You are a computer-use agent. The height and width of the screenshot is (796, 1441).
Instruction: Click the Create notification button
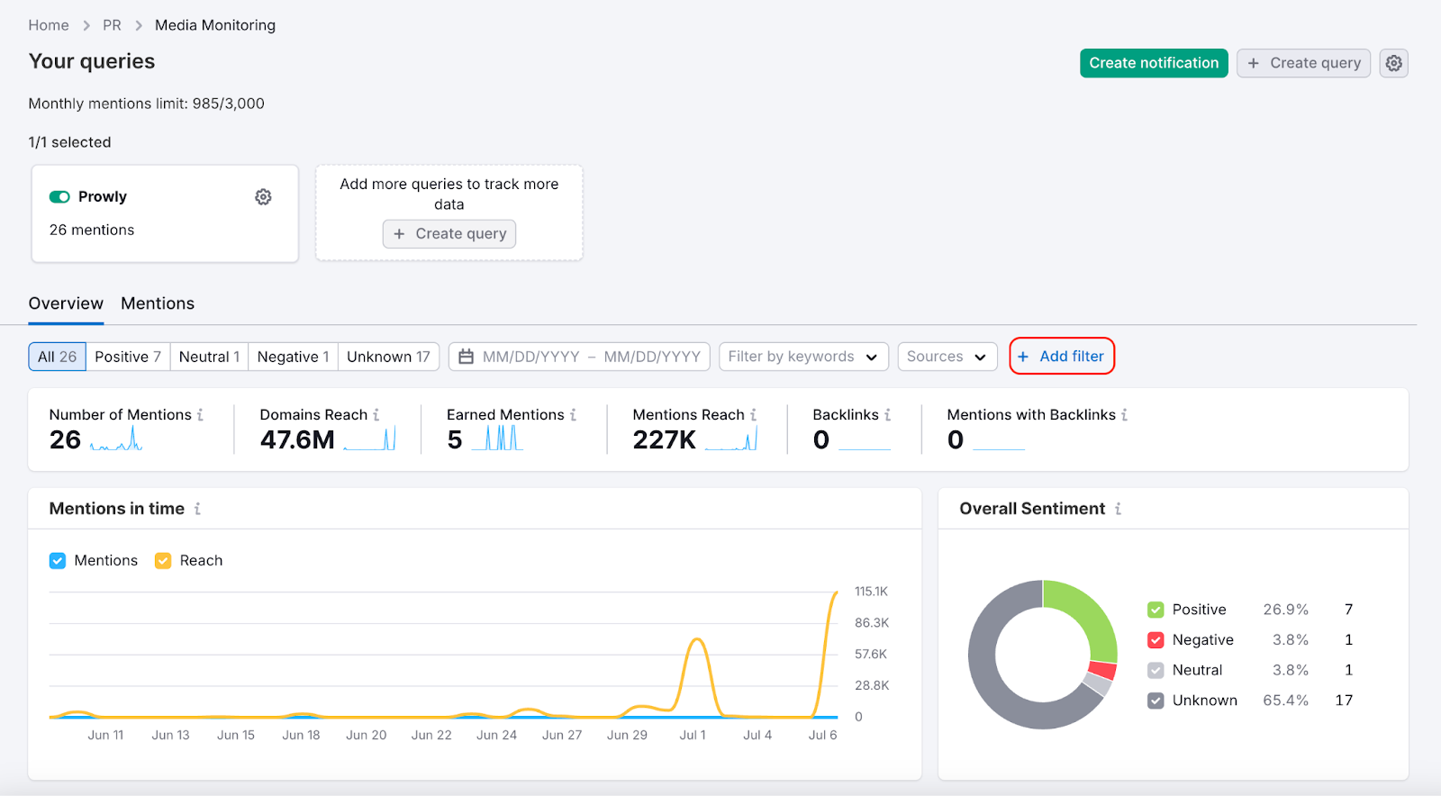tap(1154, 63)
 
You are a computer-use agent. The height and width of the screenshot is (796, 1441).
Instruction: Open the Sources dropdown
tap(947, 357)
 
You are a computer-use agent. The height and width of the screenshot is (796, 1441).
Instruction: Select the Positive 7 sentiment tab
tap(127, 357)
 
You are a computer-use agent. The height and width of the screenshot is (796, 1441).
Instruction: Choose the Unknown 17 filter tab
tap(388, 357)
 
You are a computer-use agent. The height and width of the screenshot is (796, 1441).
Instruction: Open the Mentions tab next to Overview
tap(158, 303)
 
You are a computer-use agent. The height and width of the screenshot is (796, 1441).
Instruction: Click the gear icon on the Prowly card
tap(263, 197)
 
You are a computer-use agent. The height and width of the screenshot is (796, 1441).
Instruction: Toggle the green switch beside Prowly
tap(59, 197)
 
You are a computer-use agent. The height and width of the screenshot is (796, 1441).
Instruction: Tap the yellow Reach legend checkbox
tap(163, 561)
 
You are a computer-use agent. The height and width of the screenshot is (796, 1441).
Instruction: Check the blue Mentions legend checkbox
tap(58, 561)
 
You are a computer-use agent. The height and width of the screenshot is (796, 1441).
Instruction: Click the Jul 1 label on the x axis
tap(693, 735)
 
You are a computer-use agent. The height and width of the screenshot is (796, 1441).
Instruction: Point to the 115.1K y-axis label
tap(871, 592)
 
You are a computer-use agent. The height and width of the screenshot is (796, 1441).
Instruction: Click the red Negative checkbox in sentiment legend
tap(1156, 640)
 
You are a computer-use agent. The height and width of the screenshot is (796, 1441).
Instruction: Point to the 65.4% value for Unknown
tap(1285, 701)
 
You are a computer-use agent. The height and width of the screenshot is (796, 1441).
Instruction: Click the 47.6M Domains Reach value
tap(297, 439)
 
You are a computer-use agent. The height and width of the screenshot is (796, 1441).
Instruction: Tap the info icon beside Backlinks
tap(888, 415)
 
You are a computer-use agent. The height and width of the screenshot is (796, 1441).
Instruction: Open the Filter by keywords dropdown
tap(802, 357)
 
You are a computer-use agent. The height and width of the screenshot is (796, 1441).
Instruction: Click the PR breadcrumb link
tap(112, 25)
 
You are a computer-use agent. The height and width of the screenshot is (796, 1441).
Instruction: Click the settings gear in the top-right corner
tap(1393, 63)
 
